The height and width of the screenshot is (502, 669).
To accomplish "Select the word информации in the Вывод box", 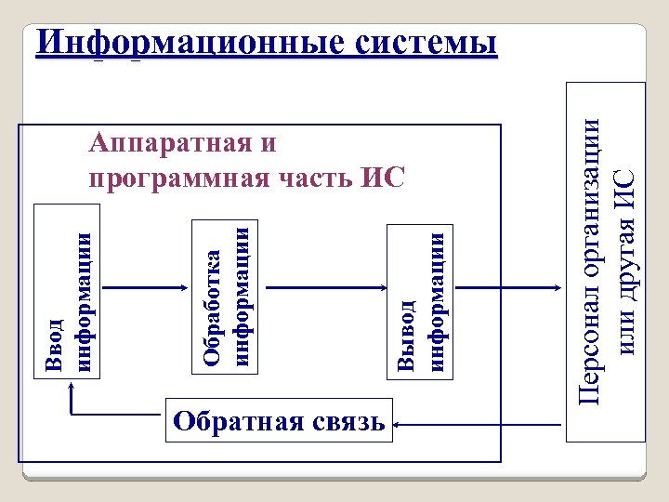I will [438, 299].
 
